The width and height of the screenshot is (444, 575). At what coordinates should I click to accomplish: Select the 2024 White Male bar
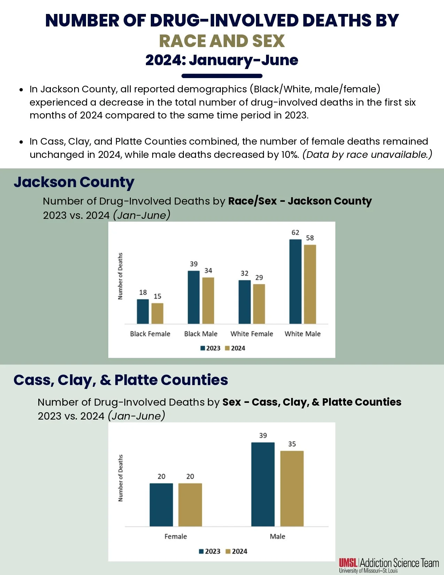(x=310, y=284)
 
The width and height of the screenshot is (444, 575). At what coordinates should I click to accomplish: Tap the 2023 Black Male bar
(x=194, y=297)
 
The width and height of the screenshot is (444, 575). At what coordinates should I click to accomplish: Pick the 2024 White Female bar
(x=259, y=304)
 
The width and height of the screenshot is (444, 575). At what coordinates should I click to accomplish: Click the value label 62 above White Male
(x=295, y=232)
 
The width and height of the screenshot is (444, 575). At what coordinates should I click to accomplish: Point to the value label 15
(x=157, y=296)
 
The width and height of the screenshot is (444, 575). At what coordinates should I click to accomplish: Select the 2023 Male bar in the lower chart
(x=263, y=484)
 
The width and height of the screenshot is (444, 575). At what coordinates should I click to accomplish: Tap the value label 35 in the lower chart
(x=292, y=444)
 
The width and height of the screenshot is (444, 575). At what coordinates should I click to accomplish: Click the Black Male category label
(x=201, y=334)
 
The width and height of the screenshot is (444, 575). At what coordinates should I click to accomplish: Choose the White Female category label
(x=252, y=334)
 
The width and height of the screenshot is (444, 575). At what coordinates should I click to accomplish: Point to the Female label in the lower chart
(x=176, y=536)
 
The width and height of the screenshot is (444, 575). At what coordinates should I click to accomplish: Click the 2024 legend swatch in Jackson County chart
(x=227, y=348)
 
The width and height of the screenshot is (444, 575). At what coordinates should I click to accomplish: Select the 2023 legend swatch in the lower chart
(x=201, y=551)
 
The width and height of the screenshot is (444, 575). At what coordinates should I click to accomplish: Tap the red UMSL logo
(x=348, y=562)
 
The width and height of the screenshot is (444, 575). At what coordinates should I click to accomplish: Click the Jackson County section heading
(x=74, y=182)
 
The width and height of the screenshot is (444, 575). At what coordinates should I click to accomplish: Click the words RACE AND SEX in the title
(x=222, y=41)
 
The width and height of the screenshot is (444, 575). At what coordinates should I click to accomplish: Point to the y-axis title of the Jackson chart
(x=120, y=276)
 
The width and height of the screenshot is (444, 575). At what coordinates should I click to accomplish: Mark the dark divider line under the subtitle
(x=222, y=76)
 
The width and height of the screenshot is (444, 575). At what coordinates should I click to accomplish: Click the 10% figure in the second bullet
(x=290, y=154)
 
